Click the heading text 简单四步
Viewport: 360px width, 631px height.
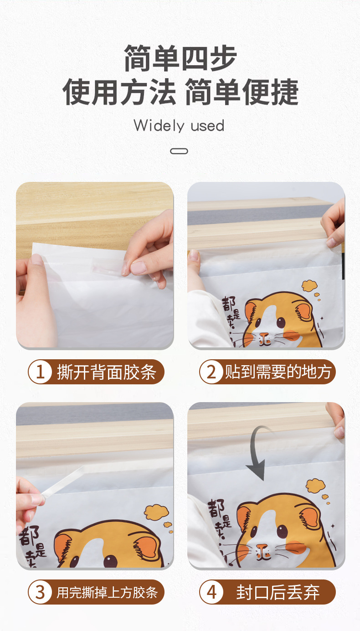click(180, 59)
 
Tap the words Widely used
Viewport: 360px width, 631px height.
click(179, 126)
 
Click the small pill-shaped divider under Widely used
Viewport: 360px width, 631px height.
click(179, 151)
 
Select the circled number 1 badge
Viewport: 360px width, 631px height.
click(40, 372)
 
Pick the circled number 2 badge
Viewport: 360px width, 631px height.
click(211, 372)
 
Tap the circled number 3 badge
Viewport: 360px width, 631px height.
click(40, 592)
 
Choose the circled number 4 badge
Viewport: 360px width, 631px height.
click(211, 592)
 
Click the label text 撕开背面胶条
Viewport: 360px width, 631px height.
click(106, 372)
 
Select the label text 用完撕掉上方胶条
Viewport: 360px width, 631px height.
click(107, 593)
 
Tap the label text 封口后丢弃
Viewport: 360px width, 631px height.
click(278, 593)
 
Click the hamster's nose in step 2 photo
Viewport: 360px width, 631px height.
click(264, 336)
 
